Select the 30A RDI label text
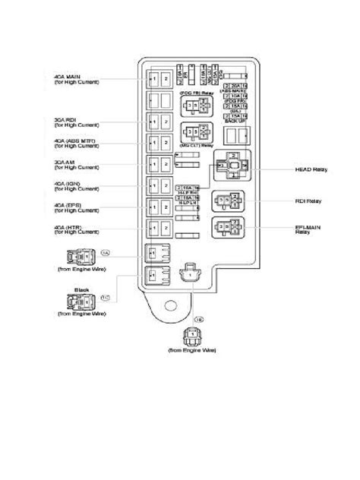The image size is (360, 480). [67, 121]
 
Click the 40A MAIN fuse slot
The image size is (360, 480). [160, 80]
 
